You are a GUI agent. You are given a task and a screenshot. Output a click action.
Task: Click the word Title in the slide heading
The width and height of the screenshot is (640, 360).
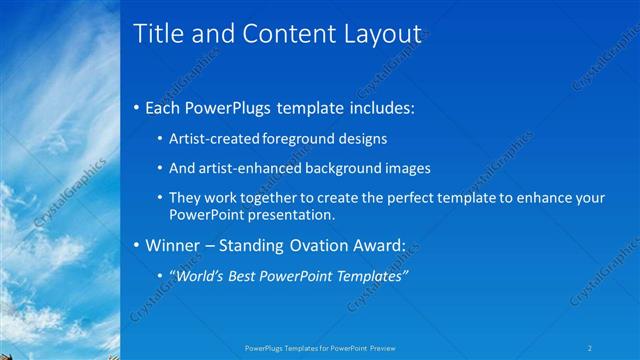(x=156, y=34)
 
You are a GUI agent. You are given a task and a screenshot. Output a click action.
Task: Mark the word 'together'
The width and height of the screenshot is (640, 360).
(x=268, y=198)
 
